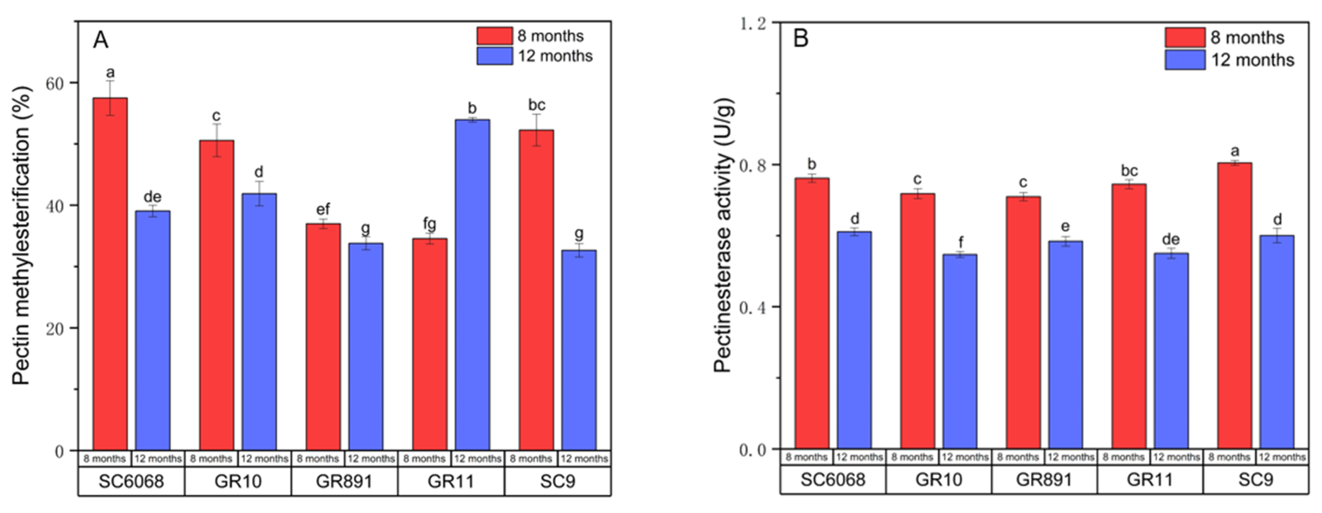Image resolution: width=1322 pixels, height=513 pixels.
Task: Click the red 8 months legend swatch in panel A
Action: tap(494, 36)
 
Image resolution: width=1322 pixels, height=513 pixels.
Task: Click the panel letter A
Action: tap(101, 40)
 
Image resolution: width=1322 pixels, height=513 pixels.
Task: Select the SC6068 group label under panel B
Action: tap(832, 479)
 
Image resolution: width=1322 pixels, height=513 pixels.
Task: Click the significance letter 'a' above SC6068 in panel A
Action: tap(110, 73)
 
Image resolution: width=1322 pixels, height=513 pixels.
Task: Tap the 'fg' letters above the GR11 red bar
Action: tap(429, 224)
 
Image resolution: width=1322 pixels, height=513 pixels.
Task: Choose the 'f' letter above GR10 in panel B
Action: tap(960, 242)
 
